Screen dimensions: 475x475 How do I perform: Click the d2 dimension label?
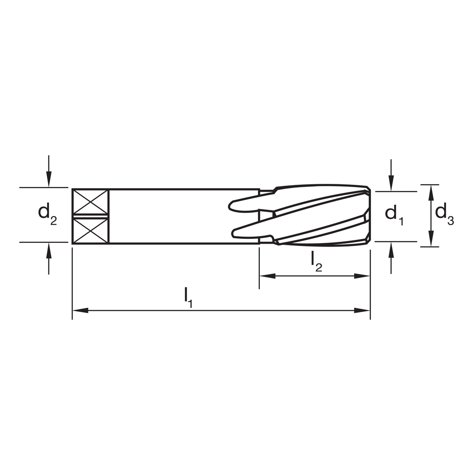47,214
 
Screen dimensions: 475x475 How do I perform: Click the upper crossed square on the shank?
90,202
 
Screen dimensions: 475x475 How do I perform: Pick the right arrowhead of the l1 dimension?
363,311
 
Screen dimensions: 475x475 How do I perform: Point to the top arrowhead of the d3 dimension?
431,191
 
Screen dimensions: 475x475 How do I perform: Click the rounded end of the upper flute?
232,206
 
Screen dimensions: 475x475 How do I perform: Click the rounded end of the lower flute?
234,232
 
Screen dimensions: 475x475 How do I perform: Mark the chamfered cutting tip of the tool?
368,216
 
